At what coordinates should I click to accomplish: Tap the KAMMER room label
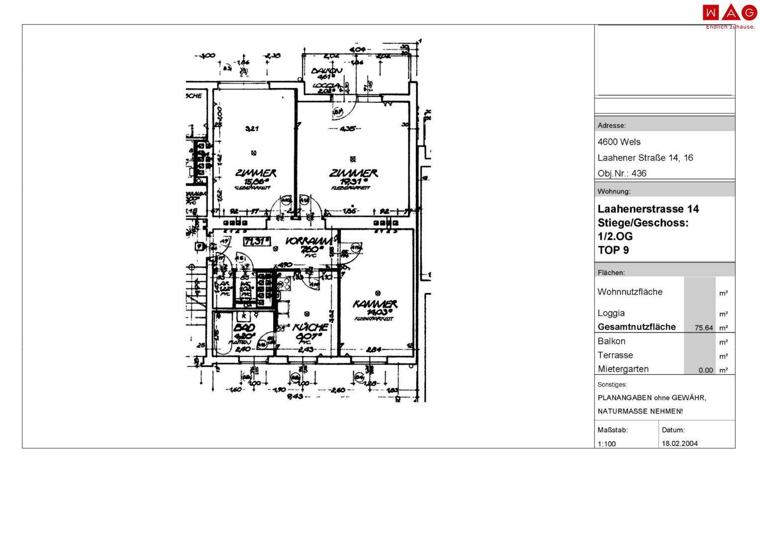(375, 303)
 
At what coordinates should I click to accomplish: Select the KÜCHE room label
(310, 327)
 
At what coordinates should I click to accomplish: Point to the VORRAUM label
(308, 241)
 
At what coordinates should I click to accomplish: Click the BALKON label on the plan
(326, 71)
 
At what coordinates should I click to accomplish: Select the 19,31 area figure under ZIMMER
(352, 181)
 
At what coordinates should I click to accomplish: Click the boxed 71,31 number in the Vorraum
(256, 242)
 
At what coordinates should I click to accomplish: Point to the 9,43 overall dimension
(295, 396)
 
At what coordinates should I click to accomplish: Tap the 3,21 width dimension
(252, 129)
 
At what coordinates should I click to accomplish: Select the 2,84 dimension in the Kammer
(374, 350)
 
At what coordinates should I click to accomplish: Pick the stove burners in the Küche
(285, 284)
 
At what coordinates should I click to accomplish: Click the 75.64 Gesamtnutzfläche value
(703, 328)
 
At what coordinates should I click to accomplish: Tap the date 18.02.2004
(679, 444)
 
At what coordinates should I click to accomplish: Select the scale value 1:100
(606, 444)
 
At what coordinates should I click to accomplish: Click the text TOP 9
(613, 250)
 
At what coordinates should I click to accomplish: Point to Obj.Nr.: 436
(622, 174)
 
